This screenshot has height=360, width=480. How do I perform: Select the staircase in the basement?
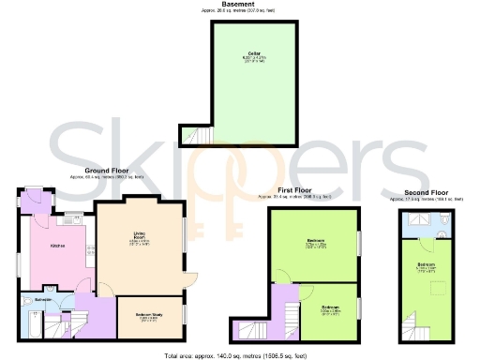196,136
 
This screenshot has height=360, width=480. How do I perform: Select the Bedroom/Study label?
148,316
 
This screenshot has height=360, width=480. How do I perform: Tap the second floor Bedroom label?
425,265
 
